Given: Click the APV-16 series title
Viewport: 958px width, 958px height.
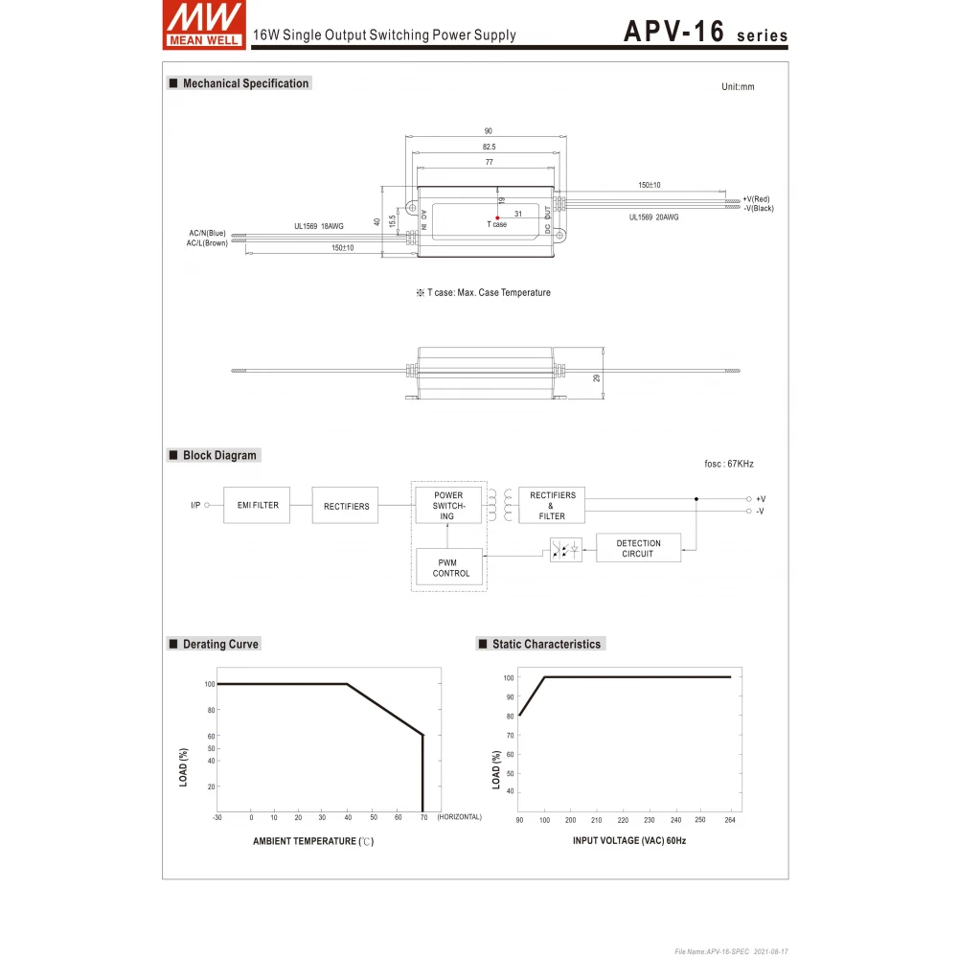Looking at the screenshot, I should (705, 32).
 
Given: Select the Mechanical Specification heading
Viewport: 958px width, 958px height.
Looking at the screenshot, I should (245, 83).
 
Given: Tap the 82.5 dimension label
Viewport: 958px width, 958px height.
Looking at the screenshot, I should (489, 147).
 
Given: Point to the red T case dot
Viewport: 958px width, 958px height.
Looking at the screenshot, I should (497, 217).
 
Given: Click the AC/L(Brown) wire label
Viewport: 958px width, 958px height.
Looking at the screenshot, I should (207, 243).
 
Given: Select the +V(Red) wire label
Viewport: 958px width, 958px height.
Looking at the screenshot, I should (756, 198).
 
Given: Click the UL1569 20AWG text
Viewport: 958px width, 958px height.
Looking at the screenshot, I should (653, 217).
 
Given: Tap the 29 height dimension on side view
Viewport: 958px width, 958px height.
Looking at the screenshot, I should (596, 378).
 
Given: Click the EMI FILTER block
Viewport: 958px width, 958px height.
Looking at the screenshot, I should (258, 505).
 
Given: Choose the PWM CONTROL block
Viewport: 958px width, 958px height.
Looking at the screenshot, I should (450, 568).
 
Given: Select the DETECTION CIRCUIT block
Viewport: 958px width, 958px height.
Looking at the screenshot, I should (638, 548).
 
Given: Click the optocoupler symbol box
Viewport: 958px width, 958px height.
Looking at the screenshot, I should (565, 550).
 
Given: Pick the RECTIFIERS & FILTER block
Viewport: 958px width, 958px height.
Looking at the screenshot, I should (552, 505).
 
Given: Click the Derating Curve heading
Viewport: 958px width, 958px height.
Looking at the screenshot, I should (220, 644).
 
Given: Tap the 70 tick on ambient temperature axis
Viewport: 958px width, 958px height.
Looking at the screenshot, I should (422, 817).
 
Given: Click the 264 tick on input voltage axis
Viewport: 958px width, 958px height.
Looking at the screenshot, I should (731, 820).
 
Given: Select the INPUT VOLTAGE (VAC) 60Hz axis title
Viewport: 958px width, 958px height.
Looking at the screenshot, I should (629, 840).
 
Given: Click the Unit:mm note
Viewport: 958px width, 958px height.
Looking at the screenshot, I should (738, 87).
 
